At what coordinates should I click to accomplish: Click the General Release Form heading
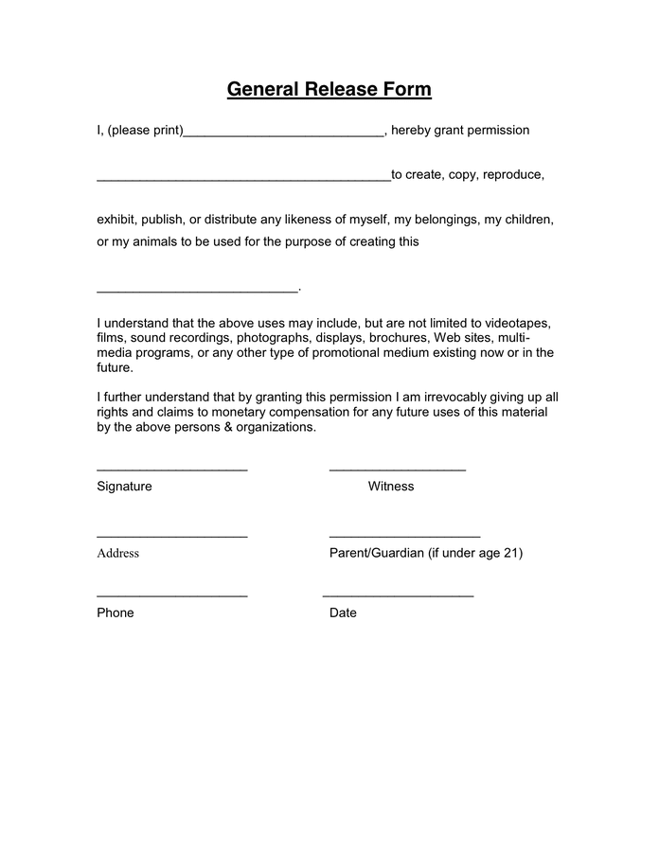329,90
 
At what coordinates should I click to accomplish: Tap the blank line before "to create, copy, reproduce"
243,180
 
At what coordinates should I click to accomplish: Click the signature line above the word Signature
172,470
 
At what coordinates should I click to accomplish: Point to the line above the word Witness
398,470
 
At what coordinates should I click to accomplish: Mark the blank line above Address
172,537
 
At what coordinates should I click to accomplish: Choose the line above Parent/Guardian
404,537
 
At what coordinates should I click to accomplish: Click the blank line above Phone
172,596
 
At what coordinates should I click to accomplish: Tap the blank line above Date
398,596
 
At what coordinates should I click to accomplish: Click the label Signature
124,487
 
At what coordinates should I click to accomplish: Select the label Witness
391,487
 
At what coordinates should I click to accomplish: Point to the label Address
117,554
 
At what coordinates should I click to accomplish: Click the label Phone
116,613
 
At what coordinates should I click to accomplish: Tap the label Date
343,613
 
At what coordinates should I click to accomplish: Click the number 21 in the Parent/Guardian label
514,553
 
